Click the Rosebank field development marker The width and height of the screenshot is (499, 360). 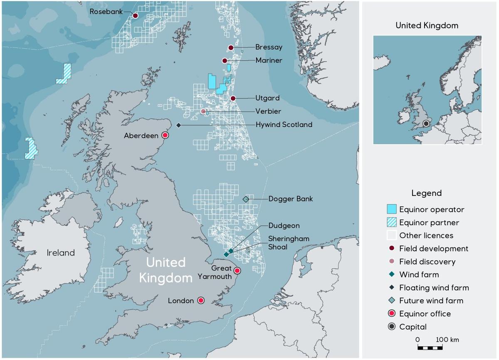click(x=135, y=16)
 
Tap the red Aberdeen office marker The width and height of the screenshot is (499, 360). click(x=165, y=136)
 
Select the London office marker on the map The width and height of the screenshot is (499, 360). click(x=201, y=301)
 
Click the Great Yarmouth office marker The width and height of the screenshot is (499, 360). click(x=237, y=271)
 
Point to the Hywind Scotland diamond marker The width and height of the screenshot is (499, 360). click(x=178, y=125)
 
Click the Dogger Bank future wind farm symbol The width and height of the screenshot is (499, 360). click(x=246, y=200)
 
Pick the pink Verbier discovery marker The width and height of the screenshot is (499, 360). click(x=203, y=111)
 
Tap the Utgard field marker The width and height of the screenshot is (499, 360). click(x=233, y=99)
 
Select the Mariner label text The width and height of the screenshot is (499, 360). click(x=269, y=61)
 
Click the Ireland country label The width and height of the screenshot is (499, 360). click(x=61, y=253)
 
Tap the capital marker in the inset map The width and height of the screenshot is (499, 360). click(x=426, y=123)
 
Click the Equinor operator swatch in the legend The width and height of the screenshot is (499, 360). click(x=392, y=209)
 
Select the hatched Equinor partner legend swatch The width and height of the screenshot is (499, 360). click(x=392, y=222)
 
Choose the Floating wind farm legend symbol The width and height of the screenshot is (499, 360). click(x=392, y=288)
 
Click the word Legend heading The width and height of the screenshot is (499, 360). click(x=427, y=193)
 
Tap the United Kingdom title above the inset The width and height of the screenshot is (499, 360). click(x=427, y=26)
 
